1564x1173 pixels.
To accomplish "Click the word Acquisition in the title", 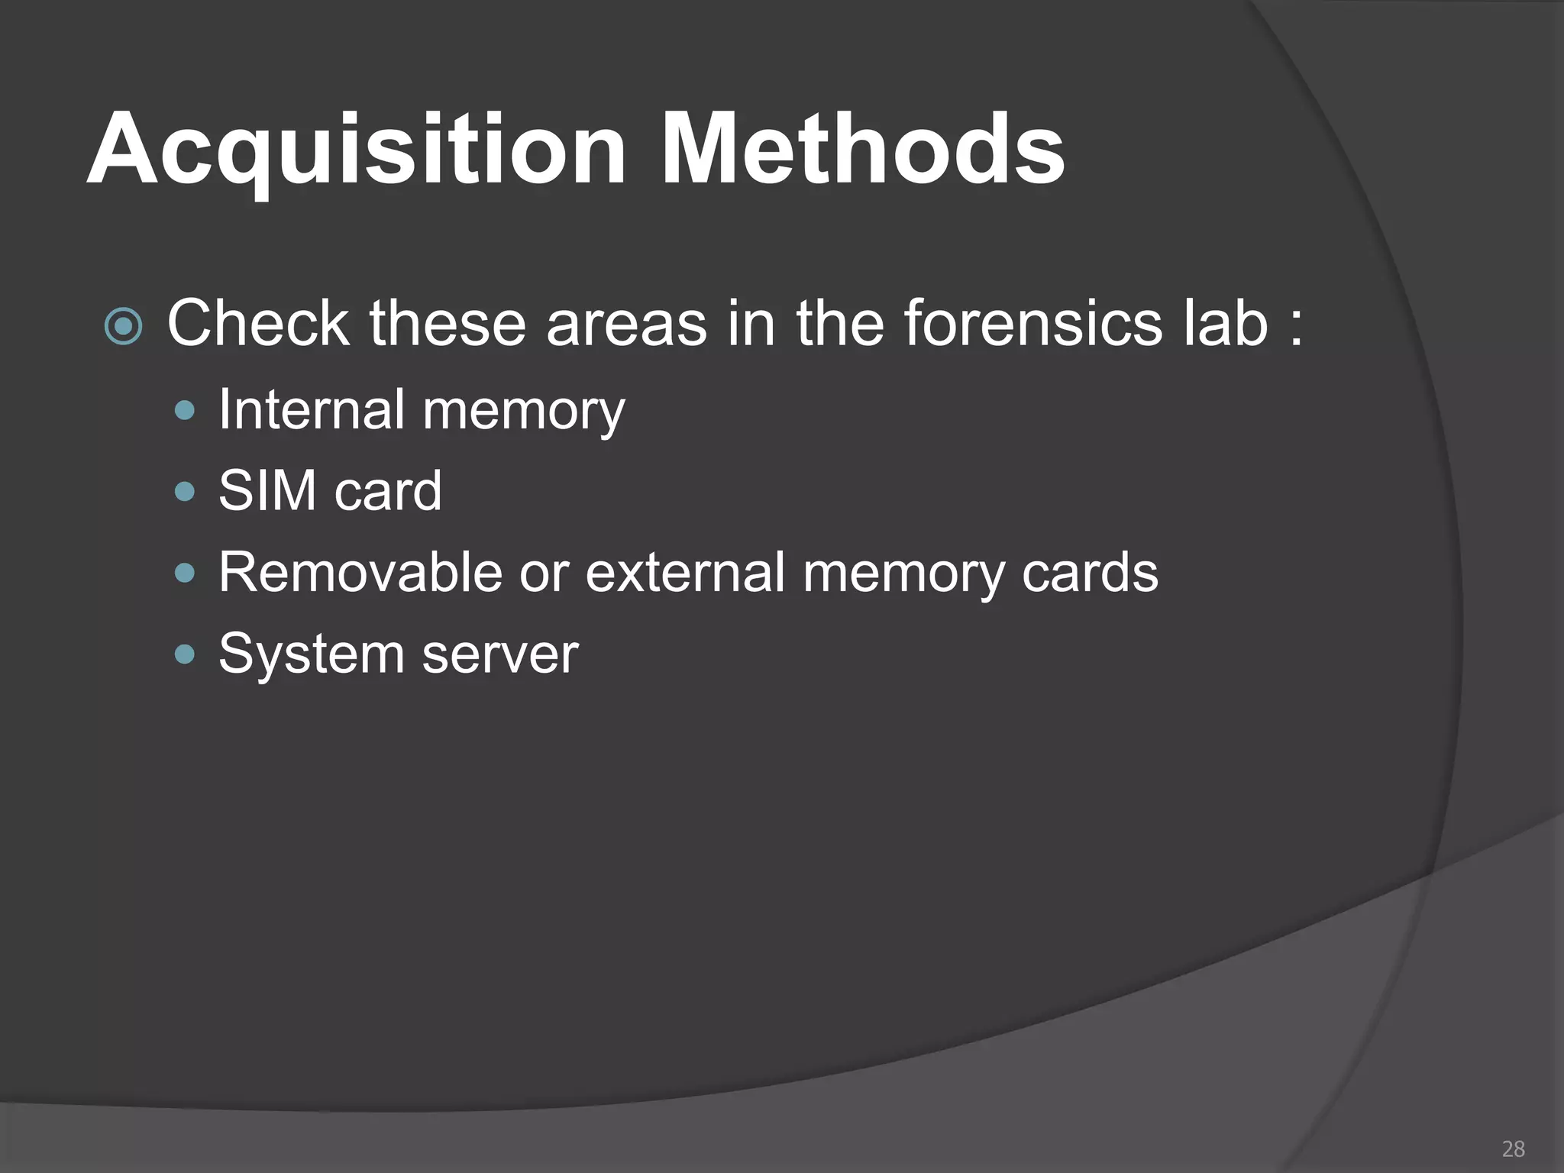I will click(356, 150).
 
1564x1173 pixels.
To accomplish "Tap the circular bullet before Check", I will click(123, 328).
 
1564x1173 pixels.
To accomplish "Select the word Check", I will click(257, 324).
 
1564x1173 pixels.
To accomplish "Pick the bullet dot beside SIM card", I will click(185, 491).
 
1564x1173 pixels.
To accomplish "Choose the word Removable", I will click(360, 572).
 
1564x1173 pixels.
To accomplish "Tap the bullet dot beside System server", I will click(185, 654).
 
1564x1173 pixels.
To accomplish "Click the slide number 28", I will click(1513, 1149).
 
